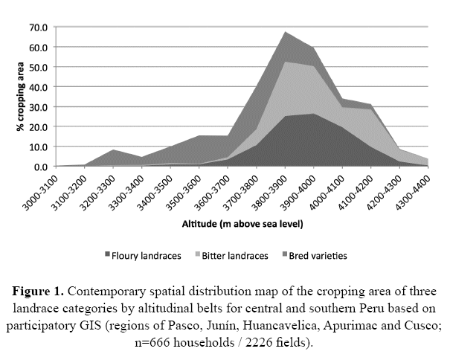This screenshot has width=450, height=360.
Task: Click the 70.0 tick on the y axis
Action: pos(39,28)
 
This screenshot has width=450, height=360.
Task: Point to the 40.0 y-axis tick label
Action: pos(39,87)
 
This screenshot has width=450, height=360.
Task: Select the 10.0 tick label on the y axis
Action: pos(39,147)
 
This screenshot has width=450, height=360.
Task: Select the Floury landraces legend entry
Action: pos(144,255)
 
